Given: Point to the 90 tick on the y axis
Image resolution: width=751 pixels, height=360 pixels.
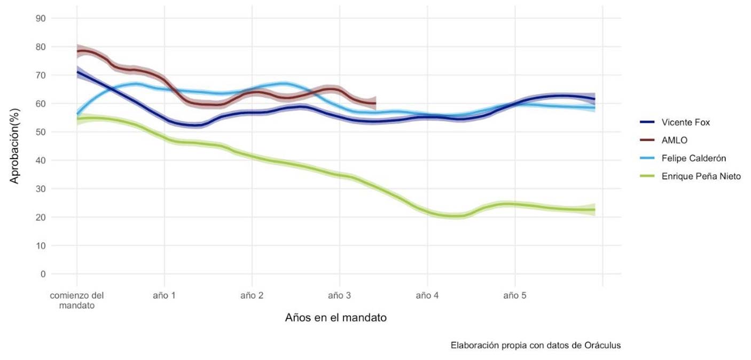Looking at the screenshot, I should (41, 18).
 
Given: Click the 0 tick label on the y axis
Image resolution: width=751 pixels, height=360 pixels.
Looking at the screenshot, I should (43, 274).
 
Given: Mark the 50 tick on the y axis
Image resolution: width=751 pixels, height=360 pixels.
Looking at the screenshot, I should (41, 132).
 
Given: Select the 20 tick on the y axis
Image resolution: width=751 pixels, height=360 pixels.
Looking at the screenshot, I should (41, 217).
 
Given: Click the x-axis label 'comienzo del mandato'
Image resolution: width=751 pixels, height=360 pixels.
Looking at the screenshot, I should (77, 301).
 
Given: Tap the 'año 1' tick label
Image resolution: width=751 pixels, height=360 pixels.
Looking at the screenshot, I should (165, 295).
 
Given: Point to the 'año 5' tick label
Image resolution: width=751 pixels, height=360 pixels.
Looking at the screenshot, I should (515, 295).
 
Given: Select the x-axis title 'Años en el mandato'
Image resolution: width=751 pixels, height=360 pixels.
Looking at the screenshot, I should (335, 318).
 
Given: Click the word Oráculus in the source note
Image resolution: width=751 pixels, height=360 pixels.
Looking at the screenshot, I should (603, 345).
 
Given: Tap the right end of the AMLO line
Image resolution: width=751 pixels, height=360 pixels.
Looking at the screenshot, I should (375, 103).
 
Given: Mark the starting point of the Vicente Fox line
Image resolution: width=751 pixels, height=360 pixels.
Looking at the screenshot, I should (77, 72).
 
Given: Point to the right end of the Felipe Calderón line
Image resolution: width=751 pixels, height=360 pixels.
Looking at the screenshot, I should (594, 108).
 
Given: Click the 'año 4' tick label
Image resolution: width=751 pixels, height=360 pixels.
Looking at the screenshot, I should (427, 295).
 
